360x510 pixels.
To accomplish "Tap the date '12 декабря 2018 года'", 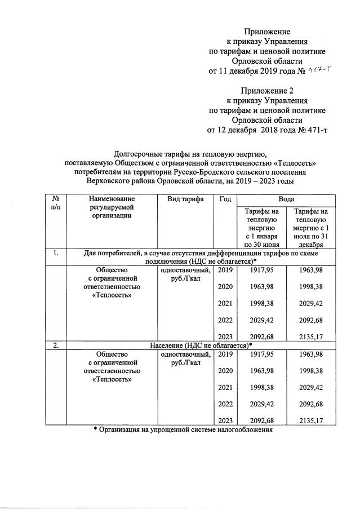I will (256, 130).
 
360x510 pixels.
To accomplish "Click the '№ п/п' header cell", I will (56, 203).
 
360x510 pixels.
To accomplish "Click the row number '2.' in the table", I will (56, 345).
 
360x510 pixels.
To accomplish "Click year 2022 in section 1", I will (225, 320).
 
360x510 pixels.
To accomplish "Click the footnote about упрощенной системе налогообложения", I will (183, 430).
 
